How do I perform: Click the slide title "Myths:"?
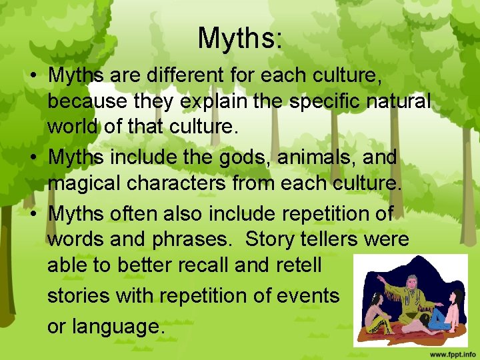[x=240, y=38]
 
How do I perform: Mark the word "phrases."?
[x=185, y=239]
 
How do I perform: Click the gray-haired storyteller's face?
[x=412, y=270]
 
